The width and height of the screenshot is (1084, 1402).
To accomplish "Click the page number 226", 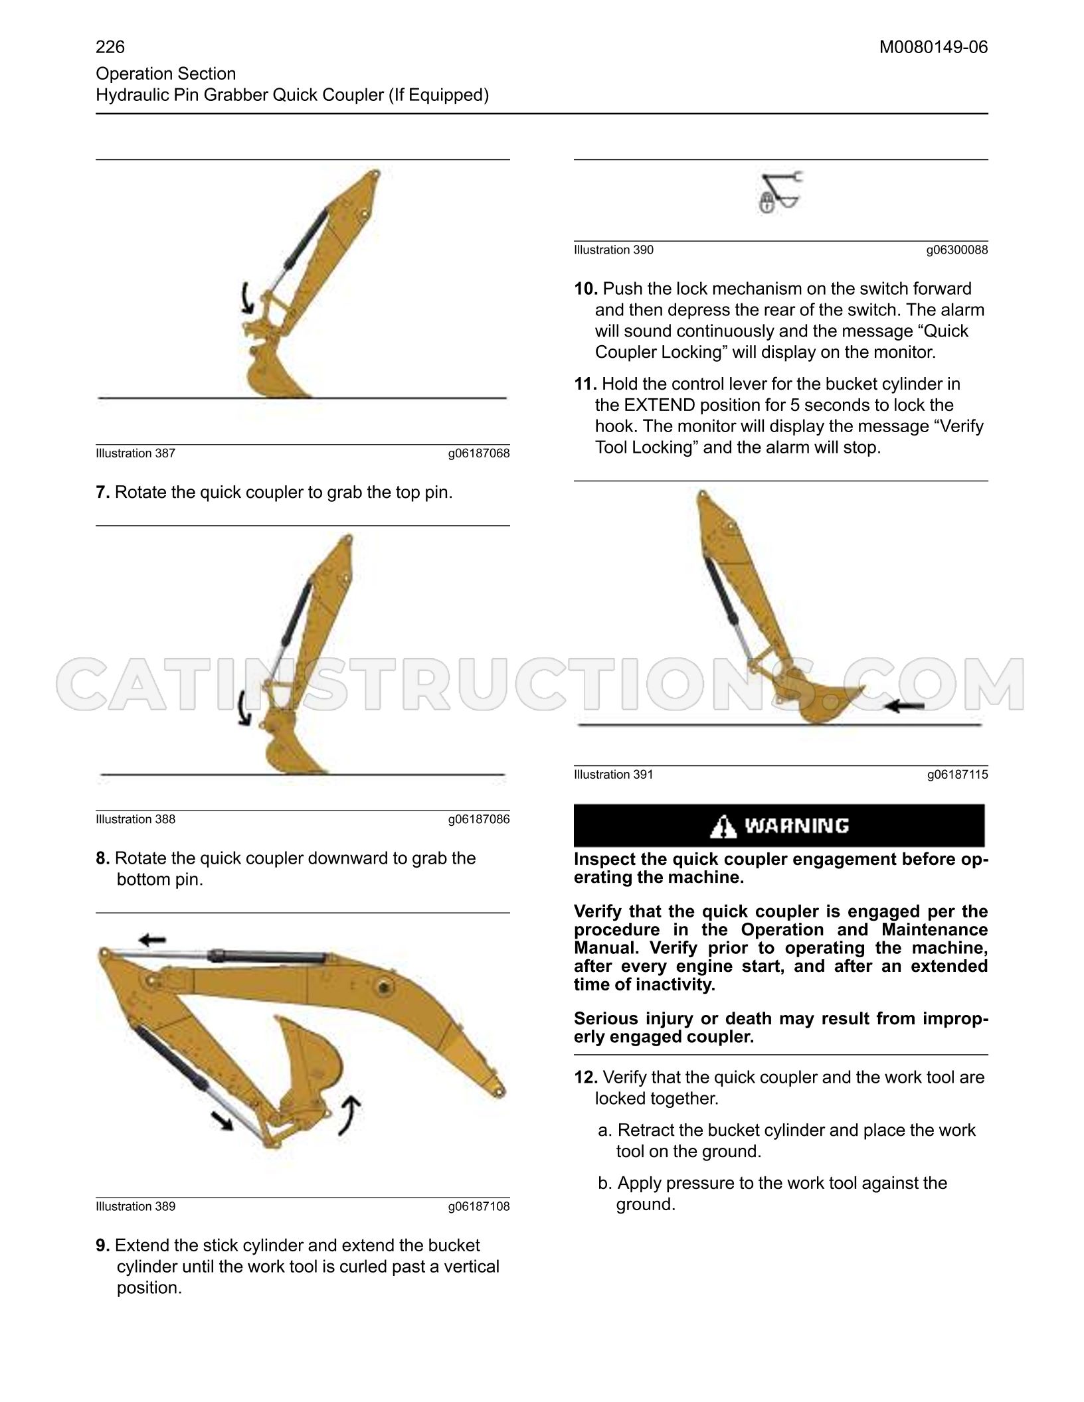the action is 110,47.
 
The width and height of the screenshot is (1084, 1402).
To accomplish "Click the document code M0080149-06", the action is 934,47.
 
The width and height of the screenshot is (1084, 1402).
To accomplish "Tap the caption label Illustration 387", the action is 135,453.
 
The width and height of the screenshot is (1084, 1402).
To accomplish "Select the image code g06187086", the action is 479,819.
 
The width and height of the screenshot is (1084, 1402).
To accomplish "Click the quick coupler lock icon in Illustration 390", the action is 781,192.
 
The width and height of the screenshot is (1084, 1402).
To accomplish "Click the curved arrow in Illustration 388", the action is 245,708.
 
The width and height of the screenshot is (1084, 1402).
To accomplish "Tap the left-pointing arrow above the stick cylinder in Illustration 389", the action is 152,939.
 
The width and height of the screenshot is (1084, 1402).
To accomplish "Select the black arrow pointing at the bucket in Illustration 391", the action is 906,706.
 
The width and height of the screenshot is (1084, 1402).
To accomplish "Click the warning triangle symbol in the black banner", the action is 723,826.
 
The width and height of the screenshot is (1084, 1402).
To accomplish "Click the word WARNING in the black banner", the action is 796,826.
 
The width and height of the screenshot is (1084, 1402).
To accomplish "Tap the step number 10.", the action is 586,289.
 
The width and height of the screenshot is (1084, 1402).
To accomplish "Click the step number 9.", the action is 103,1245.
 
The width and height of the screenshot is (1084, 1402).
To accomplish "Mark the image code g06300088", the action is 957,250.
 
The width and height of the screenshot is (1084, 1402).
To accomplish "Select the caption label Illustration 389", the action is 135,1206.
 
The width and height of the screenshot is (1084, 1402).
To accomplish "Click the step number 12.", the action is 586,1077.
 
